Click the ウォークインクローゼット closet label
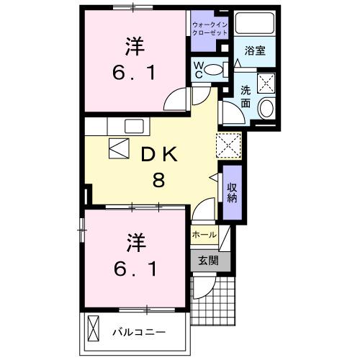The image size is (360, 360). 209,29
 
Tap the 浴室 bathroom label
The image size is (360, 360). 255,51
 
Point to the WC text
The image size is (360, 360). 199,71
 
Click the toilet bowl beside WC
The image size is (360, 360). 220,70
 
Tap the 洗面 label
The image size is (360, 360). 246,98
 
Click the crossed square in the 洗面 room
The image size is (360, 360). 266,81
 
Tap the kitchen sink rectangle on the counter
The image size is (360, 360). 135,126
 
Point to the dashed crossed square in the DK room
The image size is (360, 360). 230,146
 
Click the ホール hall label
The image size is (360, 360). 204,235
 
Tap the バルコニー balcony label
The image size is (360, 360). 140,333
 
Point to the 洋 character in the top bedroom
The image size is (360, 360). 135,47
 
